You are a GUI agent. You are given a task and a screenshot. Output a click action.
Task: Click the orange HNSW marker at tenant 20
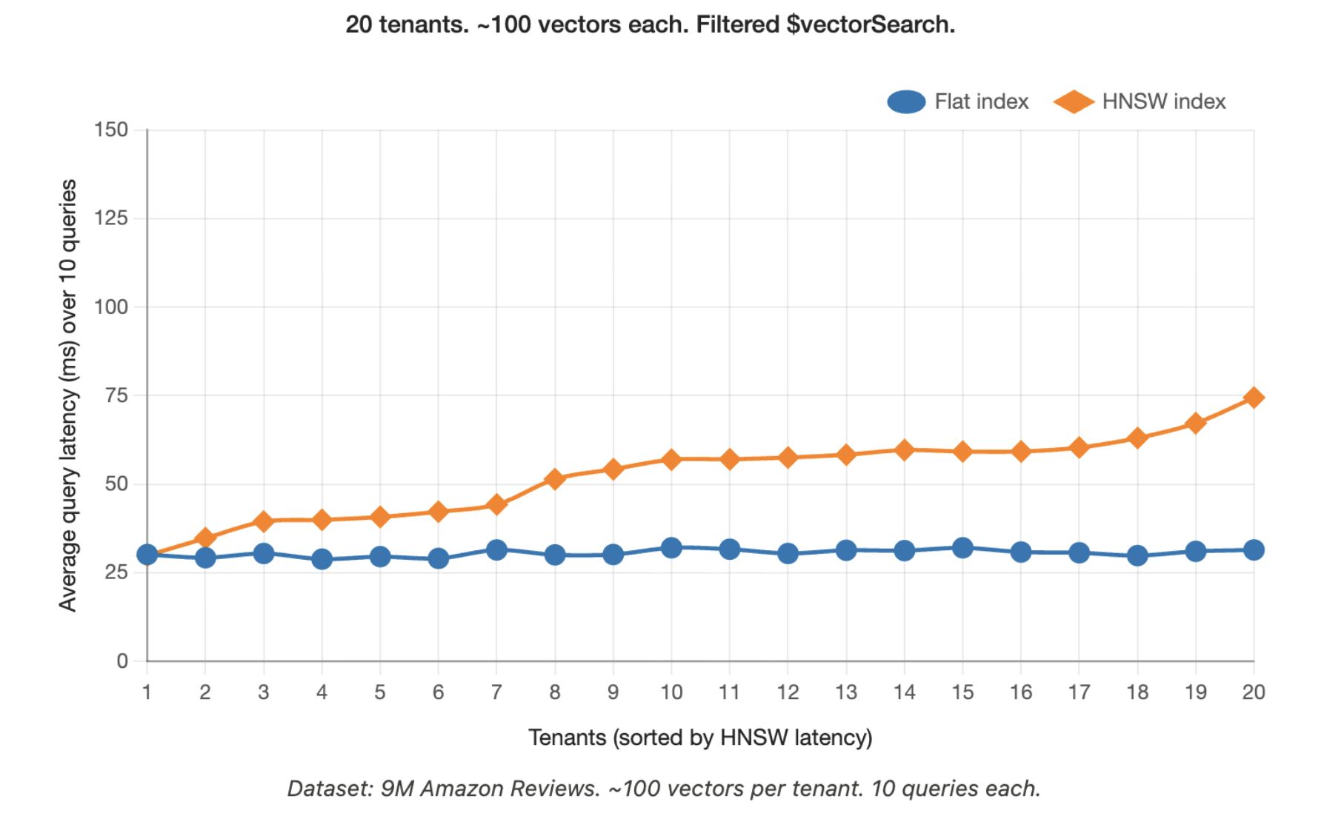click(x=1254, y=398)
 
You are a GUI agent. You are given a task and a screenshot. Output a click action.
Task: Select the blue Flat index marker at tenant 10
click(x=671, y=548)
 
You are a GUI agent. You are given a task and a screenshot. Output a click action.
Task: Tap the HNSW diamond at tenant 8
click(x=555, y=479)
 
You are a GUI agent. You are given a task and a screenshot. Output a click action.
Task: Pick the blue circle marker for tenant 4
click(x=322, y=559)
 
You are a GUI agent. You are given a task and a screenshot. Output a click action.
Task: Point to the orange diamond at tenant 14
click(x=904, y=449)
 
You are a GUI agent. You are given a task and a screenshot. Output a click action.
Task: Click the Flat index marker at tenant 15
click(x=962, y=548)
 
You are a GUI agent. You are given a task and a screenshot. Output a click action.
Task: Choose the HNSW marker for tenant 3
click(x=264, y=521)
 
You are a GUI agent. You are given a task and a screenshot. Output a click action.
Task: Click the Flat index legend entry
click(x=958, y=101)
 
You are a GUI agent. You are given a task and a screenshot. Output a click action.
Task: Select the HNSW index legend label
click(x=1163, y=101)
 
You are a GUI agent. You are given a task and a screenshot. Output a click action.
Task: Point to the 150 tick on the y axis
click(x=111, y=130)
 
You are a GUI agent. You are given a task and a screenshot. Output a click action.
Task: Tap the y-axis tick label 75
click(x=116, y=395)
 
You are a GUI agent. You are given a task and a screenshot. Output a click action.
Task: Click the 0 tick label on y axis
click(x=122, y=661)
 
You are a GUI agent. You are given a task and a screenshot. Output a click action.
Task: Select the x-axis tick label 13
click(x=846, y=692)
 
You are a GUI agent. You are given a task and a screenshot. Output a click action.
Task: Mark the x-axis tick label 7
click(x=496, y=692)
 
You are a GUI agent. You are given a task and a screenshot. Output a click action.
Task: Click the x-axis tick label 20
click(x=1254, y=692)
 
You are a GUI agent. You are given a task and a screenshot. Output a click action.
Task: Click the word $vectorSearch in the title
click(x=870, y=24)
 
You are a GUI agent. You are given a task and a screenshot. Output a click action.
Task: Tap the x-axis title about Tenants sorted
click(x=700, y=738)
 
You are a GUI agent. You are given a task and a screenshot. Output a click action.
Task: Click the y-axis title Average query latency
click(x=68, y=395)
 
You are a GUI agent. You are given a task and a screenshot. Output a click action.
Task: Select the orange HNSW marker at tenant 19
click(x=1195, y=424)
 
